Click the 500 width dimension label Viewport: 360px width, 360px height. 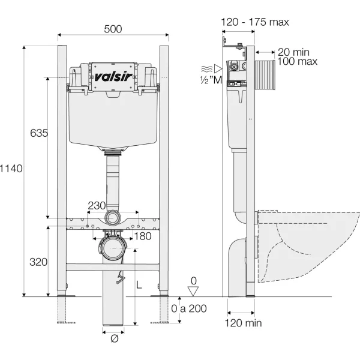click(113, 29)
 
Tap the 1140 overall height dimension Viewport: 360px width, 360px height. click(11, 169)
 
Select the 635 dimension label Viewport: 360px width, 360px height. click(39, 133)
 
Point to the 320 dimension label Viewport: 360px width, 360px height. click(38, 262)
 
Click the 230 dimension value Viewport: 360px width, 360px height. click(97, 206)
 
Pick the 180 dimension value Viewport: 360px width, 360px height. click(143, 236)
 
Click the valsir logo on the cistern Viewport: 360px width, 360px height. click(113, 77)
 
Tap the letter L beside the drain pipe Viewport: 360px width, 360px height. click(139, 285)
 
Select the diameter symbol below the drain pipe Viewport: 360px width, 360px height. click(115, 338)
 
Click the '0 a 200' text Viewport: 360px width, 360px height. click(189, 308)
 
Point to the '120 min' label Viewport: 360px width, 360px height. click(243, 323)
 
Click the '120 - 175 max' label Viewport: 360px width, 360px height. click(255, 22)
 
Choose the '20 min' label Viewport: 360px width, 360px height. click(293, 52)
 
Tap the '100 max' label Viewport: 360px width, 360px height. click(298, 62)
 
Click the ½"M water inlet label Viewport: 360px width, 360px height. click(211, 80)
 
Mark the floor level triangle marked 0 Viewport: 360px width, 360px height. click(193, 291)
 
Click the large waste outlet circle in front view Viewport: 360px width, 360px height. click(113, 249)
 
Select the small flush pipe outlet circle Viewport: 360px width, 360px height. click(113, 218)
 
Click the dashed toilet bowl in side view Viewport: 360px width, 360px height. click(308, 246)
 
